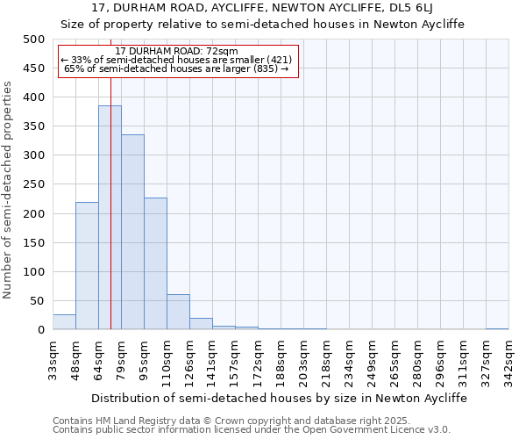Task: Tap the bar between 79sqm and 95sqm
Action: (132, 233)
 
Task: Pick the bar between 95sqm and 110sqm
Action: (155, 263)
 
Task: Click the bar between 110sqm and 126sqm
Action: (178, 313)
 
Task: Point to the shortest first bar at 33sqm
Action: (64, 322)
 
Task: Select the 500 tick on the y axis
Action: (34, 40)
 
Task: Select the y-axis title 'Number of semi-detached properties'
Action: (9, 190)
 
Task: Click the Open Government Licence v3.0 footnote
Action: (252, 430)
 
